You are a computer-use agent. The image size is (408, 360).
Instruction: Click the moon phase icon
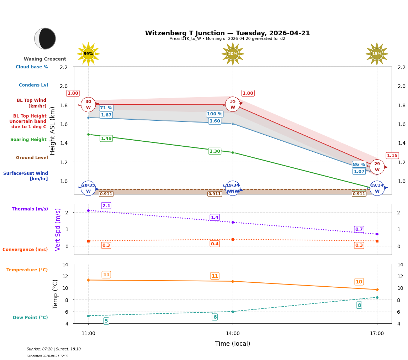pyautogui.click(x=45, y=38)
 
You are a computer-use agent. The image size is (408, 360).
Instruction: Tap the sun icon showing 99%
pyautogui.click(x=88, y=54)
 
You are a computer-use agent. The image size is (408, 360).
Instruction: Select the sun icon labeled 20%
pyautogui.click(x=233, y=54)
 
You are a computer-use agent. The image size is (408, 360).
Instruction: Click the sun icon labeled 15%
pyautogui.click(x=377, y=54)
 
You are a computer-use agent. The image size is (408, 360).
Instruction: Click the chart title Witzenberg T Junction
pyautogui.click(x=227, y=33)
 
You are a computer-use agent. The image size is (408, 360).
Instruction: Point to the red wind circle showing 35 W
pyautogui.click(x=233, y=104)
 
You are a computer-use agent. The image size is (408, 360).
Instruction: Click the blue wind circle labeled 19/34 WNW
pyautogui.click(x=233, y=188)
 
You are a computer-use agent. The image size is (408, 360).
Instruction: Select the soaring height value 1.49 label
pyautogui.click(x=106, y=139)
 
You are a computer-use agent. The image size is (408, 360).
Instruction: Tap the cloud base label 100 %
pyautogui.click(x=214, y=114)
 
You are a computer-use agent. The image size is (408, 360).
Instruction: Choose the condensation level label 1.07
pyautogui.click(x=359, y=172)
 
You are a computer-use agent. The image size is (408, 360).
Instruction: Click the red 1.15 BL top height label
pyautogui.click(x=392, y=156)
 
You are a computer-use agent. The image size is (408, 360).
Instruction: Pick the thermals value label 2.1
pyautogui.click(x=106, y=205)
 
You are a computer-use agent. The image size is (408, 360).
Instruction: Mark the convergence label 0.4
pyautogui.click(x=214, y=244)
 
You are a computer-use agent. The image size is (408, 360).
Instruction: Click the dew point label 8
pyautogui.click(x=359, y=305)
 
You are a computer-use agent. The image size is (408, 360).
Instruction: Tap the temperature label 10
pyautogui.click(x=359, y=282)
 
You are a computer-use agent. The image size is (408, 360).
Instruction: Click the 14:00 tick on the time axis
pyautogui.click(x=233, y=334)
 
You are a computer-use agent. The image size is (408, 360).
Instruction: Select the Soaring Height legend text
pyautogui.click(x=28, y=140)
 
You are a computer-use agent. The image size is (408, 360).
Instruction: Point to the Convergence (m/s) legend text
pyautogui.click(x=25, y=250)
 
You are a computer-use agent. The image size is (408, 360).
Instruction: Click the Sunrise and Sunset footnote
pyautogui.click(x=54, y=349)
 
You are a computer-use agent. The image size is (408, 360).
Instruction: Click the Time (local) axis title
pyautogui.click(x=233, y=344)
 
